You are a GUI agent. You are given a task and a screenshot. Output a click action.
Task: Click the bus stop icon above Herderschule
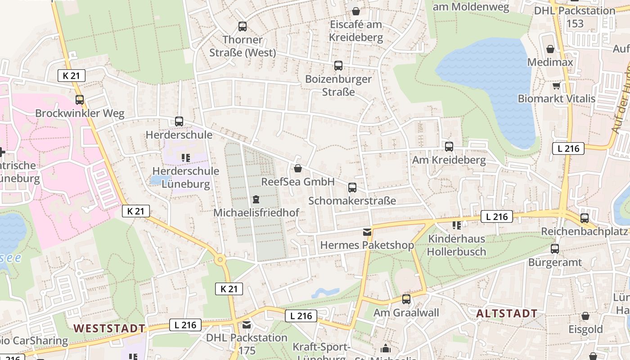click(x=179, y=121)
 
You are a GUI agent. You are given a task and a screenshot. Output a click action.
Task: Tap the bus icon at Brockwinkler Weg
click(x=80, y=99)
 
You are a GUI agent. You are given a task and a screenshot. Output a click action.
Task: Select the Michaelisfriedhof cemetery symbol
click(x=256, y=199)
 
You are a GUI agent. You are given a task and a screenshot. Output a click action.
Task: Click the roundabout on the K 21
click(x=220, y=260)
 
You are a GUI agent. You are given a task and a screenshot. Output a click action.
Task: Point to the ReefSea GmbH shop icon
click(x=297, y=169)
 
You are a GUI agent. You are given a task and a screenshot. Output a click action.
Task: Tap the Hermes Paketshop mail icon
click(x=367, y=232)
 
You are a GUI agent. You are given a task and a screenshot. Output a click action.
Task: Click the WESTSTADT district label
click(x=109, y=328)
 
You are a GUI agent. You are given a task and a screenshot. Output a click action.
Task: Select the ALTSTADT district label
click(x=507, y=313)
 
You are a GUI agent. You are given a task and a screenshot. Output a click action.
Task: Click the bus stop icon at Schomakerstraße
click(x=352, y=187)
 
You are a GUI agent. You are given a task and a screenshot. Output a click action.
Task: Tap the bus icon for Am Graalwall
click(x=406, y=299)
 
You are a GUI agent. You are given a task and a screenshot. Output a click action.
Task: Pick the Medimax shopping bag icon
click(x=550, y=49)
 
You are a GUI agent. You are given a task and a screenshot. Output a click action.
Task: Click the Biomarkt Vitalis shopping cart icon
click(x=556, y=85)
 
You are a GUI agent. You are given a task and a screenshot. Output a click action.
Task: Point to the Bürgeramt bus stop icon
click(x=554, y=248)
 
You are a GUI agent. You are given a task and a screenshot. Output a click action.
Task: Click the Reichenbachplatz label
click(x=584, y=231)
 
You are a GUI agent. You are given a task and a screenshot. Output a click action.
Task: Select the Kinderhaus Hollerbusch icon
click(x=457, y=225)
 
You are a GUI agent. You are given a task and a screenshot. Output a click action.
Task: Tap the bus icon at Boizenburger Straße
click(x=338, y=66)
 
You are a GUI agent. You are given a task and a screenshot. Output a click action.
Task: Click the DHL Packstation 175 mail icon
click(x=246, y=324)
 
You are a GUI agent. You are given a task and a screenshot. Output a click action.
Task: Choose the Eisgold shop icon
click(x=585, y=316)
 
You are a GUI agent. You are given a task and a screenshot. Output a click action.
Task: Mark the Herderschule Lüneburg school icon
click(x=185, y=157)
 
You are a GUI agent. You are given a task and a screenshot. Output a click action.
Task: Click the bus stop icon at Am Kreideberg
click(x=449, y=146)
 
